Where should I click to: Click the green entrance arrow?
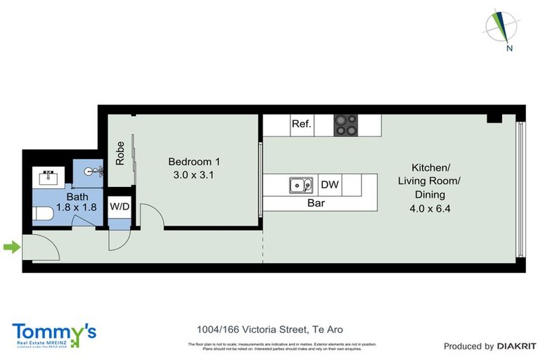point(11,247)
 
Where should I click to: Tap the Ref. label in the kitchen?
point(301,124)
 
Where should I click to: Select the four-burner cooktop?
point(345,125)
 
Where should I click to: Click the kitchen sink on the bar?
point(301,186)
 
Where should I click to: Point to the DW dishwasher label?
point(330,186)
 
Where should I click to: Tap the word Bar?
point(316,203)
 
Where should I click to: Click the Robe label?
point(120,153)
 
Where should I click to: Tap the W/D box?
point(119,207)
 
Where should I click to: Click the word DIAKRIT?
point(517,346)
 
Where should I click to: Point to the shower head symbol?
point(96,170)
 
